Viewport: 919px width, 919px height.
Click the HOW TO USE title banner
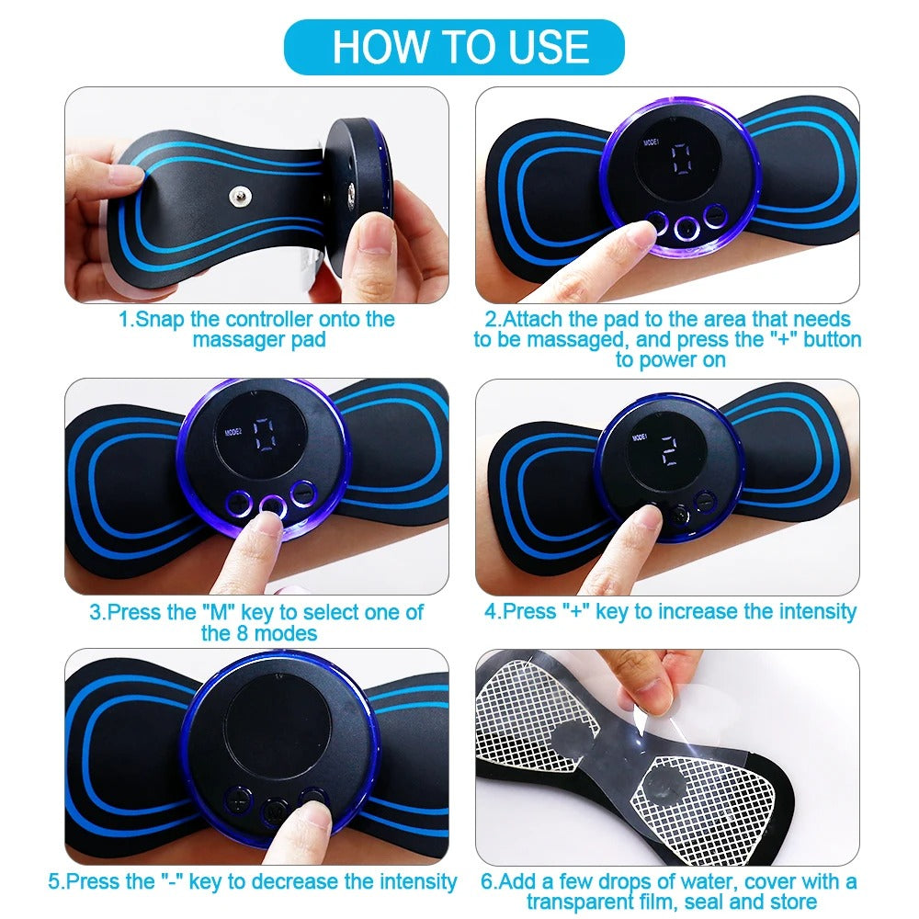coord(460,47)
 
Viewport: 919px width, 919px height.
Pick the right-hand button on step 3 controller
coord(302,494)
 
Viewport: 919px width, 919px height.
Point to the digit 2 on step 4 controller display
coord(668,449)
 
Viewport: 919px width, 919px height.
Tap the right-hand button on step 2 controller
coord(715,217)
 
